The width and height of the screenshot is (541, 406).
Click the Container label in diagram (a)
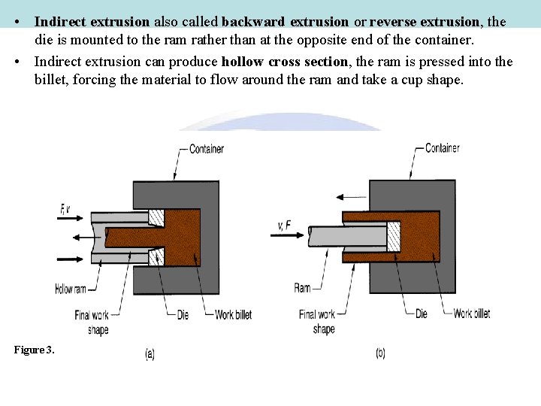(x=206, y=149)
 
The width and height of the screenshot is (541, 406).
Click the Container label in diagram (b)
(x=442, y=148)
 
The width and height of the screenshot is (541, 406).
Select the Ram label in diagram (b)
(x=302, y=288)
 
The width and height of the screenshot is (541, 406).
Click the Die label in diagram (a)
(x=183, y=316)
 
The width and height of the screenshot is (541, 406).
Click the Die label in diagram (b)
(x=422, y=314)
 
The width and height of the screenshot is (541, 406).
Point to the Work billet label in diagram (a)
(x=233, y=316)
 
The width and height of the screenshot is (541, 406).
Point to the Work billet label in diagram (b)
(x=472, y=314)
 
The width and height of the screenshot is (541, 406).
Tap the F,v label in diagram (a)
(x=65, y=208)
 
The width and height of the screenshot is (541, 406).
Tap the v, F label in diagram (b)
(x=284, y=223)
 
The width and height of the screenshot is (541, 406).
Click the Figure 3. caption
(x=34, y=350)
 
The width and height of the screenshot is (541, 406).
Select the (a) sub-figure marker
(x=150, y=354)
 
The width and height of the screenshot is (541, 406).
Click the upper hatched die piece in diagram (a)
(x=156, y=217)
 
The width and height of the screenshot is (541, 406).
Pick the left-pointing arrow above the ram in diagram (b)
(x=349, y=197)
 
